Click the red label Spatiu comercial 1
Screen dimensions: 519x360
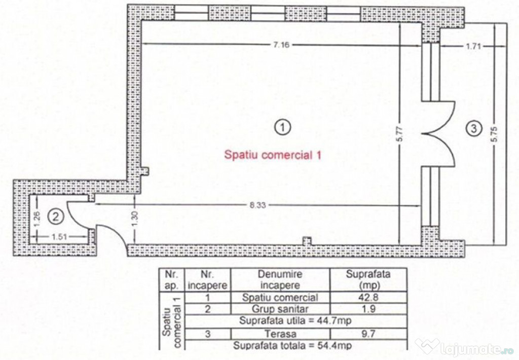[x=273, y=155]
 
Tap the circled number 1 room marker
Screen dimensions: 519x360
[x=282, y=127]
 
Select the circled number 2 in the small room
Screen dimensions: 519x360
[x=56, y=217]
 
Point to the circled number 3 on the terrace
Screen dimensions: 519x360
[x=473, y=128]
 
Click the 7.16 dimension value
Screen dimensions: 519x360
[x=281, y=45]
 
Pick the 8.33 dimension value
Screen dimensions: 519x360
[x=258, y=205]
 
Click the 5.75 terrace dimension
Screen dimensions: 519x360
[x=495, y=134]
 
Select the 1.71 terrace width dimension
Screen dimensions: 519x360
[x=473, y=46]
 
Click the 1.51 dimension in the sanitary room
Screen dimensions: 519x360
[x=60, y=237]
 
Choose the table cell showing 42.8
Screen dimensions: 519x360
[x=368, y=297]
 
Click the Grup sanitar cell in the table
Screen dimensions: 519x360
[x=280, y=309]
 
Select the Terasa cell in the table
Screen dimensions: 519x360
[x=280, y=334]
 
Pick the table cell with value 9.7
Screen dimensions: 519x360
[x=368, y=334]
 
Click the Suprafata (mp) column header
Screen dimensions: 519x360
[x=368, y=279]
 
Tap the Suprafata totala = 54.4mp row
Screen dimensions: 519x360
[x=292, y=345]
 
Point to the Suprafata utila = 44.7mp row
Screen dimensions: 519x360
[x=295, y=321]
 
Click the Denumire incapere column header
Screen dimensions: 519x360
[x=280, y=279]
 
